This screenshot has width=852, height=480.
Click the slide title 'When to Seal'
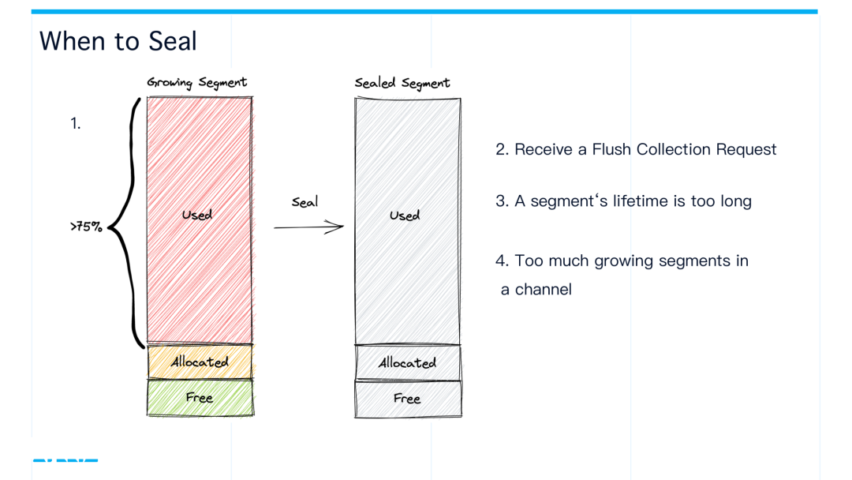click(118, 41)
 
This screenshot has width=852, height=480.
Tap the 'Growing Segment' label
click(196, 82)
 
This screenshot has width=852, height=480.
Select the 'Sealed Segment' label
click(402, 83)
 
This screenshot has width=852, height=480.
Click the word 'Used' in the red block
click(196, 215)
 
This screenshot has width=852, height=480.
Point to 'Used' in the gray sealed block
click(405, 216)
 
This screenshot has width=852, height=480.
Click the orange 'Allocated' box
click(200, 362)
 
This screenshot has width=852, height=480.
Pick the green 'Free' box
click(200, 398)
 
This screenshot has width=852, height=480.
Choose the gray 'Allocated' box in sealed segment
click(407, 363)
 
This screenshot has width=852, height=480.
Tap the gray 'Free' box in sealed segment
click(407, 399)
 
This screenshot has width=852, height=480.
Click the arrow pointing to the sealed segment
click(309, 227)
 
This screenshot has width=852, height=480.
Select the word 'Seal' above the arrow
click(305, 202)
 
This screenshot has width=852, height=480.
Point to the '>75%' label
click(86, 227)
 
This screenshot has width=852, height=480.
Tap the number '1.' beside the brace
click(76, 123)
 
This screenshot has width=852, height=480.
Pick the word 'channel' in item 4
click(544, 290)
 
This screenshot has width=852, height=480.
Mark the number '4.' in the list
click(503, 261)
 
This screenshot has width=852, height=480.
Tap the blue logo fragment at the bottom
click(65, 459)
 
